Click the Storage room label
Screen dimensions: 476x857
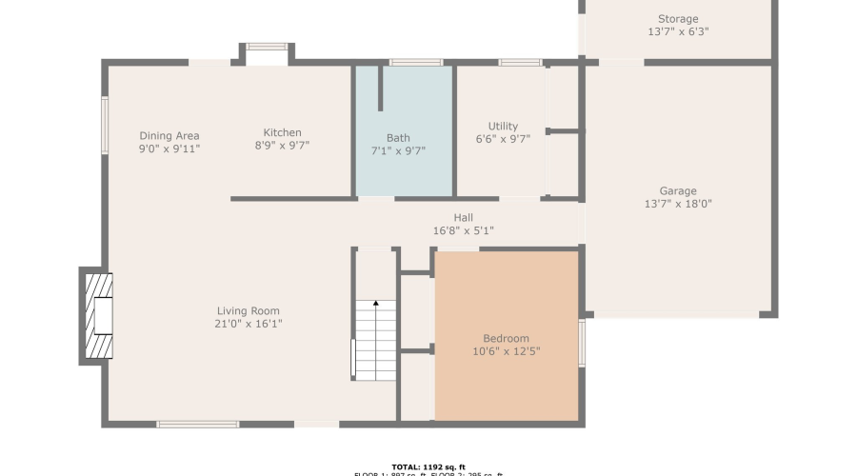pos(678,19)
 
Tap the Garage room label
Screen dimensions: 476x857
pos(678,191)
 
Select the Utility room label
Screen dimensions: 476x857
pos(503,127)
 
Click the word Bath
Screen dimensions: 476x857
pos(398,138)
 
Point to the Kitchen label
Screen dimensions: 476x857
pos(282,133)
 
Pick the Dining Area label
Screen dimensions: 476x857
pos(169,136)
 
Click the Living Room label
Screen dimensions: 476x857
pos(249,311)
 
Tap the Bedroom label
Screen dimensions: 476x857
pos(507,339)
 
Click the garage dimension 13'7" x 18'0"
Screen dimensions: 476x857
pos(678,204)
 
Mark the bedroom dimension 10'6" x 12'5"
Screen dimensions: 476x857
pos(507,352)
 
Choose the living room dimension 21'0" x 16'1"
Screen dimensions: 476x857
pos(249,324)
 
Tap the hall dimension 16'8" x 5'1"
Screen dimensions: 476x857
pos(463,230)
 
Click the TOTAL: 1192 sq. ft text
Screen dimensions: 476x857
pos(428,466)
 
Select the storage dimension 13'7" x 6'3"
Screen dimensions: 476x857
pos(678,31)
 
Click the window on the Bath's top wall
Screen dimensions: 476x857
pos(416,63)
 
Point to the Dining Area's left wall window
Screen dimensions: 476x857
pos(105,124)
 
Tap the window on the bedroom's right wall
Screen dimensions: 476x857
pos(582,343)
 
